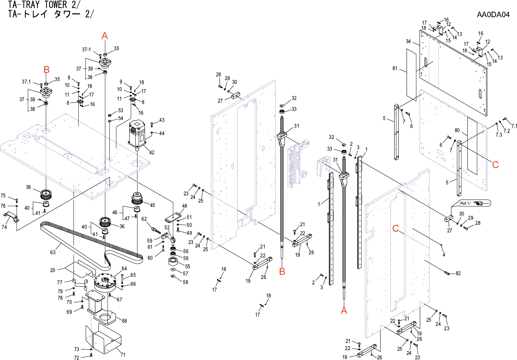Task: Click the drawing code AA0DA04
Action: click(x=493, y=15)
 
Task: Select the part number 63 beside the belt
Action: click(x=53, y=253)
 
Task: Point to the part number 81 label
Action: click(x=395, y=68)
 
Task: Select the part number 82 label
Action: click(x=458, y=273)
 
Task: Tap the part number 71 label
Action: click(x=123, y=355)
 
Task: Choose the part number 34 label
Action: click(x=408, y=41)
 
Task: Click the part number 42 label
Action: click(x=152, y=153)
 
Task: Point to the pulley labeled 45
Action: click(x=137, y=198)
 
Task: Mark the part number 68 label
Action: click(x=124, y=321)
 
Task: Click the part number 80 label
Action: click(x=457, y=130)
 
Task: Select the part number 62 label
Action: click(x=144, y=219)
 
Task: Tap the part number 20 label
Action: click(x=53, y=270)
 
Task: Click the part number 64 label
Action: click(x=124, y=269)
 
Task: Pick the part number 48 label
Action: click(x=185, y=206)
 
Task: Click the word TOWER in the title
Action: click(x=56, y=5)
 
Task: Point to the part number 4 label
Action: click(x=444, y=255)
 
